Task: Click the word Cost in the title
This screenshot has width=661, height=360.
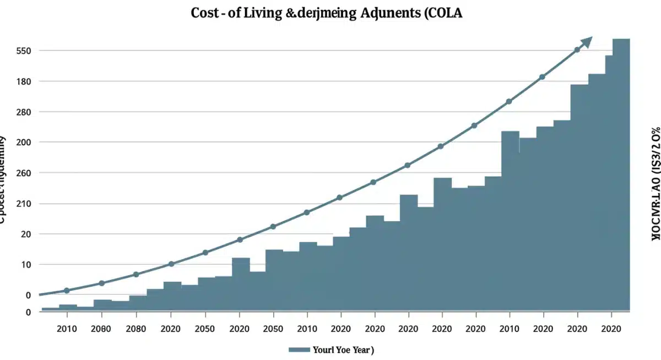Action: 205,14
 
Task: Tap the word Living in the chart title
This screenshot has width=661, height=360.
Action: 262,14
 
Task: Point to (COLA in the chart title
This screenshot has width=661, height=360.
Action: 443,14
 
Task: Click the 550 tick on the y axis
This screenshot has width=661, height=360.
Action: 24,51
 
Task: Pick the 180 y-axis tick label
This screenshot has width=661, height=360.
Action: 24,81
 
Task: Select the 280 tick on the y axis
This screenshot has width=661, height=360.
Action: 24,112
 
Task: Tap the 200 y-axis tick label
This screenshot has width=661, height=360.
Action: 24,142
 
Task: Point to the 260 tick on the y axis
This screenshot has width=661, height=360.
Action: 24,173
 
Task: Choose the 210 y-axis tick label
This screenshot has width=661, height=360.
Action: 24,204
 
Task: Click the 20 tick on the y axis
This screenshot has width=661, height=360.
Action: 26,234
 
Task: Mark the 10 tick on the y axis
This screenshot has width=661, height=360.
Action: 26,264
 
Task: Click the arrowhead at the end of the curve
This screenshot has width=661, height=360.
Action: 587,41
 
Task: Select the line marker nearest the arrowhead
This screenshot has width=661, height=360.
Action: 577,50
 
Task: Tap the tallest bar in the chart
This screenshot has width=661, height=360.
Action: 621,165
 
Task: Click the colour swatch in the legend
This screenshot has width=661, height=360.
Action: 299,350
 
